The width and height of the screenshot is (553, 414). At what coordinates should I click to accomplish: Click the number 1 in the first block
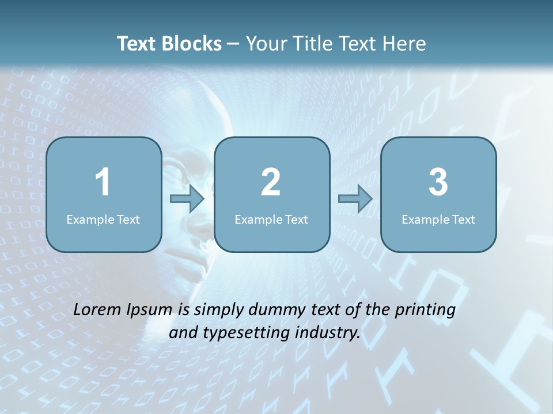point(103,182)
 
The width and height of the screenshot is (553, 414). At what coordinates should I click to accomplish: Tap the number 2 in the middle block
point(271,182)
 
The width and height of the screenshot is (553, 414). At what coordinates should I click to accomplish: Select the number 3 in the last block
point(438,182)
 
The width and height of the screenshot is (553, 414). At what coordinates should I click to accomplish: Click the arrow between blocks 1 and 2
point(187,199)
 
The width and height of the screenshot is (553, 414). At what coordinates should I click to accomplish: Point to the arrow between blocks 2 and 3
point(355,199)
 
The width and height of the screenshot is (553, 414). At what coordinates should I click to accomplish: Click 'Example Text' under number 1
point(103,219)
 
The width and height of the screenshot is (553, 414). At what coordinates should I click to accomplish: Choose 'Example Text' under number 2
point(271,219)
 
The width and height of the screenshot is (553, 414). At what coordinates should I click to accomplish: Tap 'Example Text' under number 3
point(438,219)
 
